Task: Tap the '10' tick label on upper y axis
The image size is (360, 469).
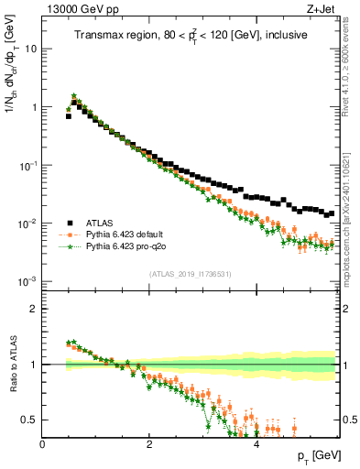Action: [30, 48]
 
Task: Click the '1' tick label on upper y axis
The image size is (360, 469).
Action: [34, 107]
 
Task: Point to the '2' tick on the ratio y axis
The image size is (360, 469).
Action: [34, 309]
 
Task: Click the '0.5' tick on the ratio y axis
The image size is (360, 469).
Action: [29, 420]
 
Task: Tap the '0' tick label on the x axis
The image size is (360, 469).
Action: [42, 444]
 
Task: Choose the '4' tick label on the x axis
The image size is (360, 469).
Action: [256, 444]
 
